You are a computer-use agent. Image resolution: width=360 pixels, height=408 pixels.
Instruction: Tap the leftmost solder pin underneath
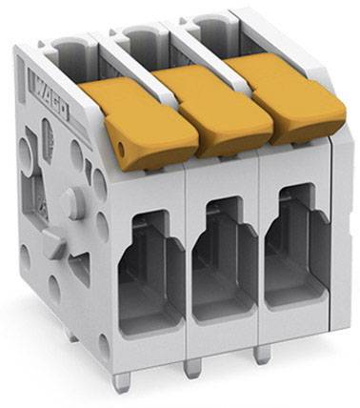[x=118, y=380]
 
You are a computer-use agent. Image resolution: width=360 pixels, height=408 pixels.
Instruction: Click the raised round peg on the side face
[x=71, y=201]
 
